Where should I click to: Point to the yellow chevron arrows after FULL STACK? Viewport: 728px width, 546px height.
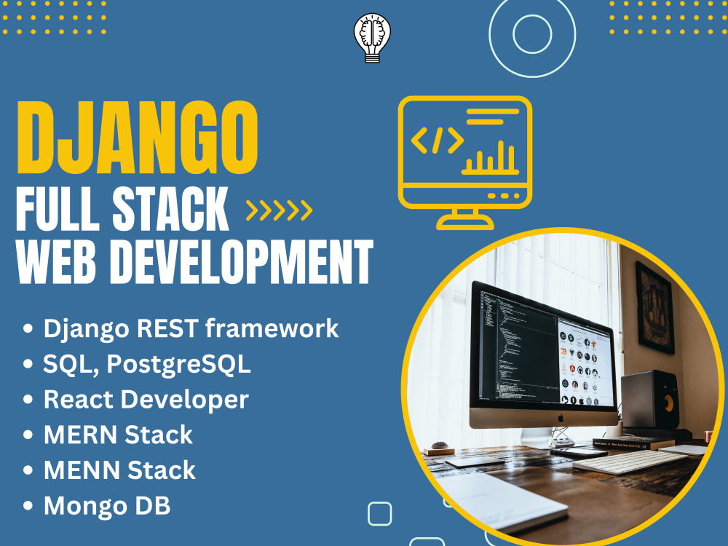point(279,210)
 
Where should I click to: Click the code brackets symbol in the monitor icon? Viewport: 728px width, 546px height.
point(437,140)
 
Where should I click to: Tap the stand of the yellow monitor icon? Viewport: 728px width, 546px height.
point(464,218)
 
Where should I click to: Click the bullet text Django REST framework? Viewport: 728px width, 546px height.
point(191,328)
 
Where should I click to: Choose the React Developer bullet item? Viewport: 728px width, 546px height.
point(146,399)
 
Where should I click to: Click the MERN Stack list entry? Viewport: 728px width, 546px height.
point(118,435)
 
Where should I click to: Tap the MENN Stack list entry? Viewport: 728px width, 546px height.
point(119,470)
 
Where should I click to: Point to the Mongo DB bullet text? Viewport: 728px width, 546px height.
point(107,505)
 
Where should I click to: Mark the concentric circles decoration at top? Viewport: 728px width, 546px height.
point(532,33)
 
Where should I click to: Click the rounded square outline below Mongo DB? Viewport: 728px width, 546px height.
point(379,513)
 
